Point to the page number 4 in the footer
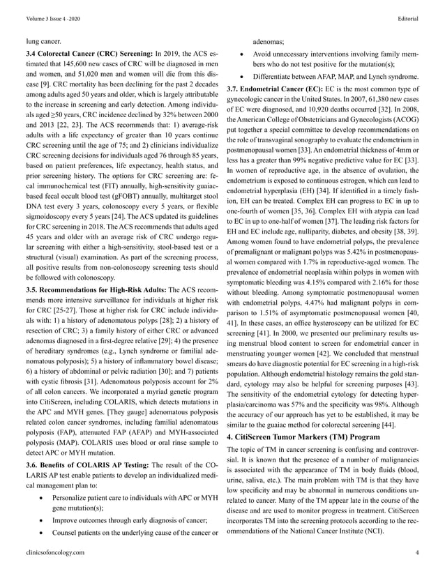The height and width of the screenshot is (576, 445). (416, 552)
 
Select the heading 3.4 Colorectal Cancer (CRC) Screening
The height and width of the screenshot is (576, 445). (87, 54)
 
